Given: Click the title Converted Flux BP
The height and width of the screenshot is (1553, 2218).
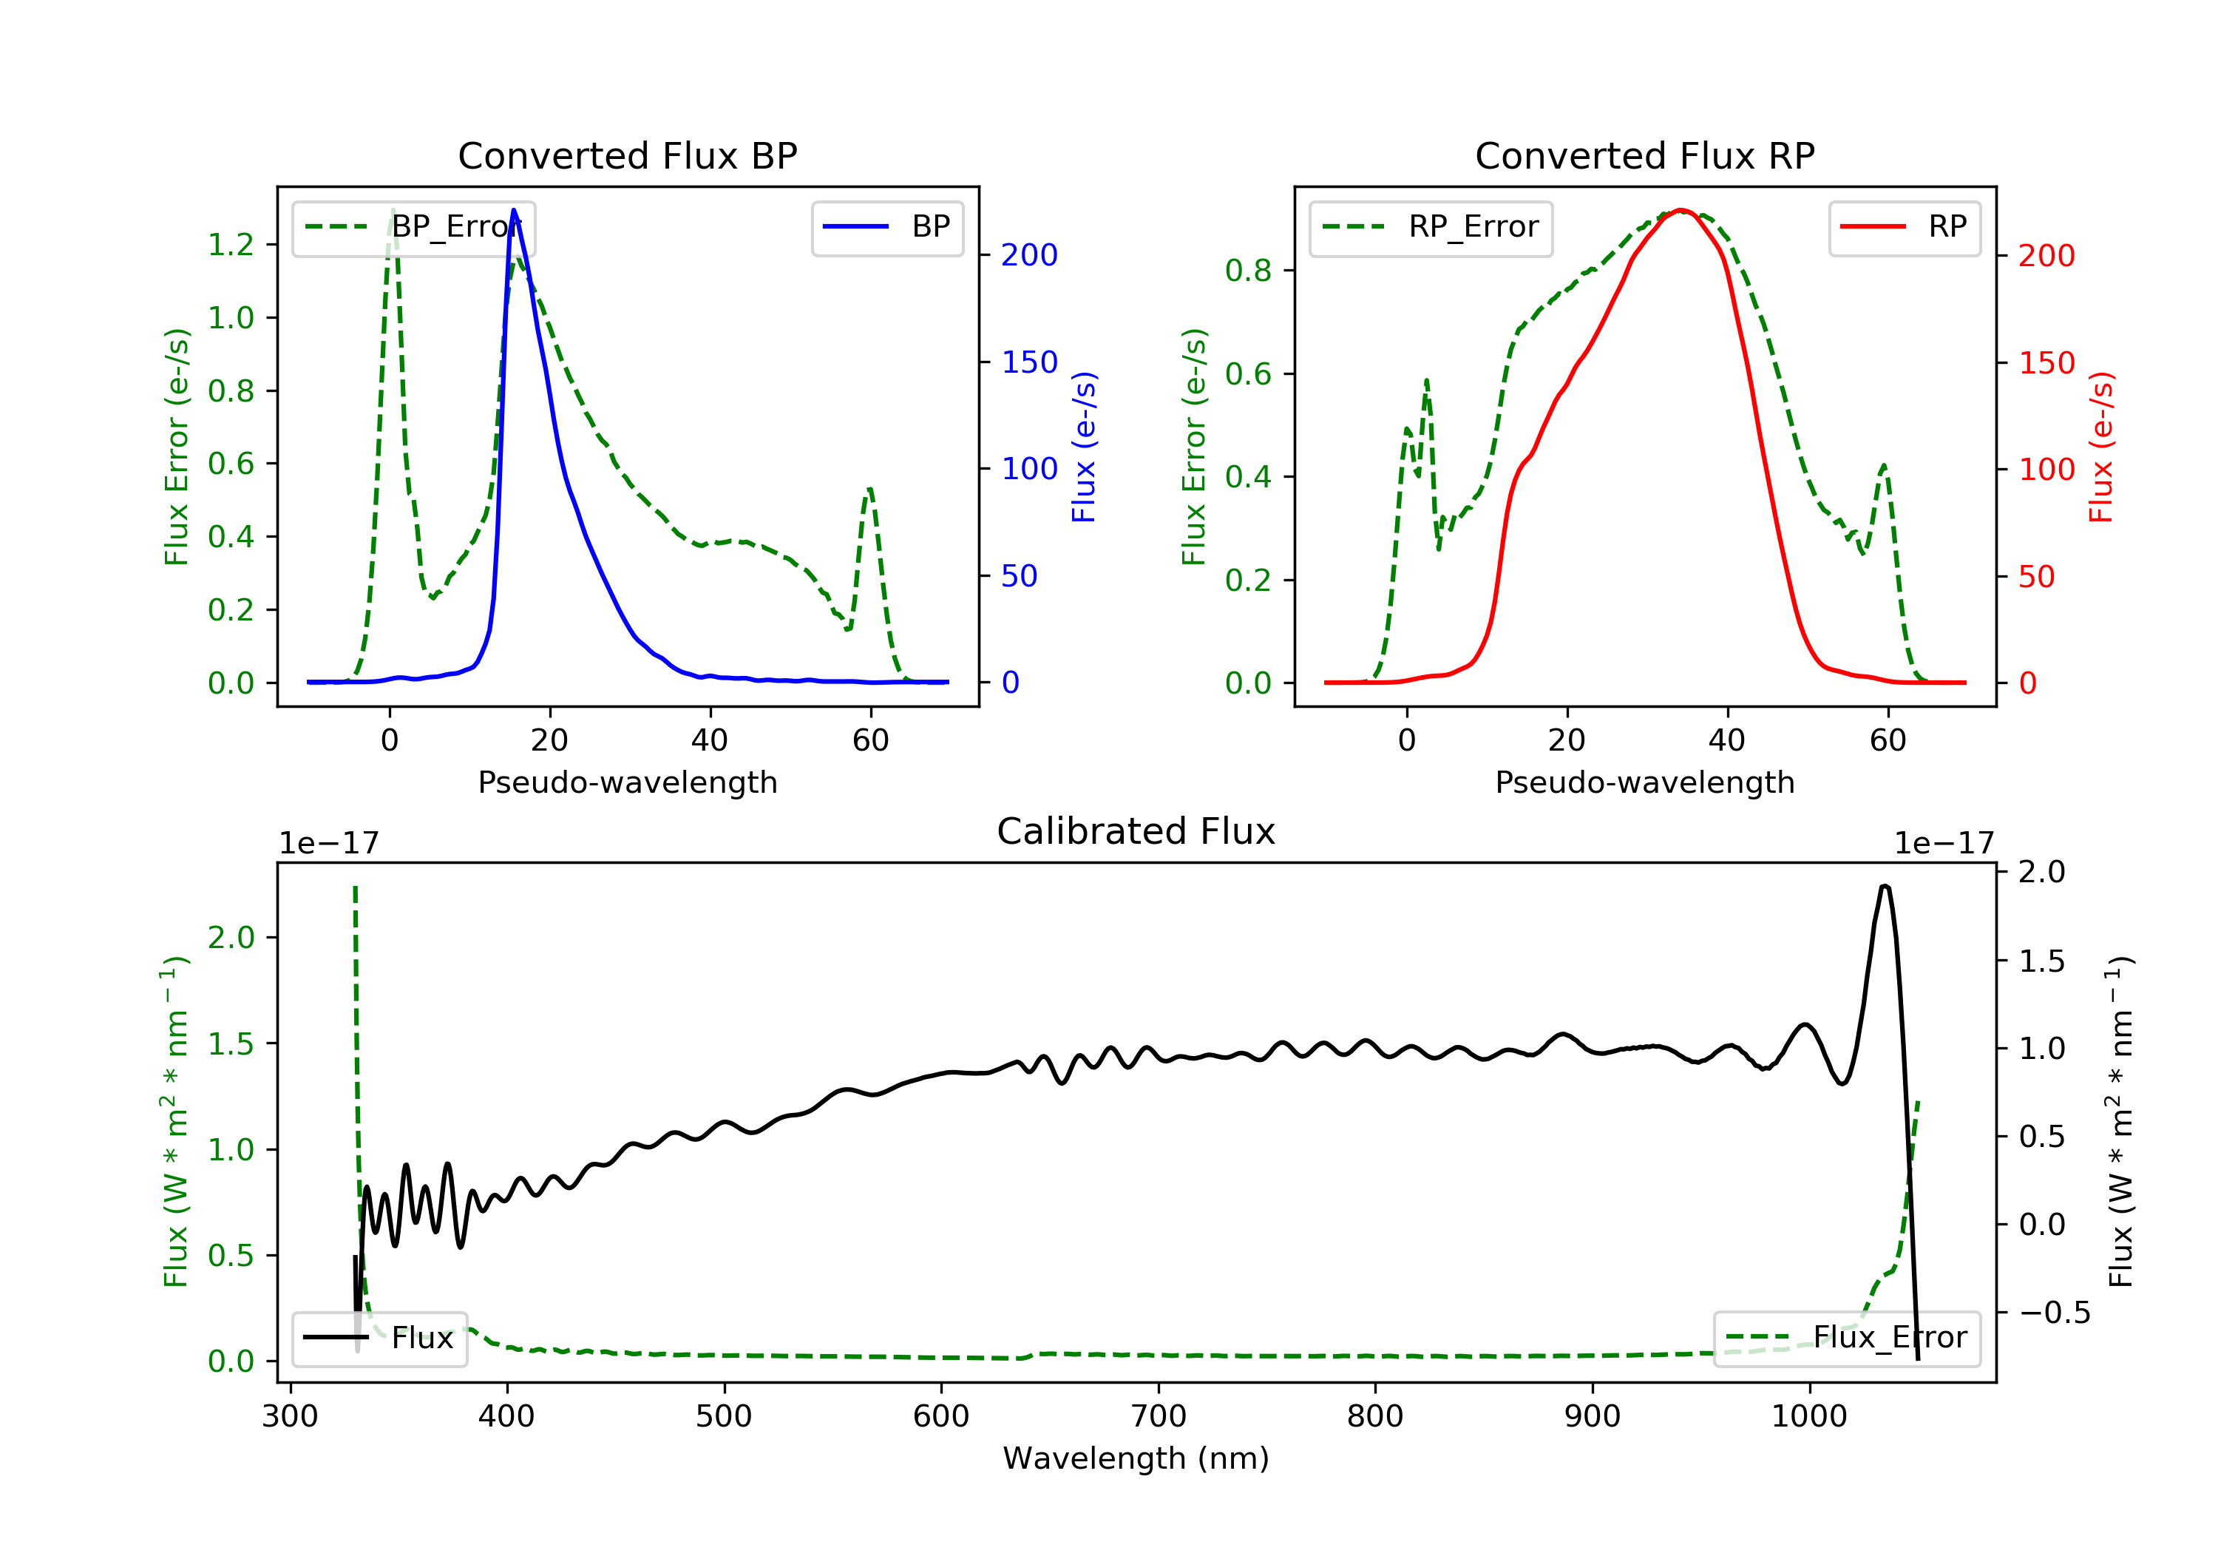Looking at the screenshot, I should point(627,155).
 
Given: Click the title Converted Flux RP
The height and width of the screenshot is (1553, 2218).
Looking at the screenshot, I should point(1644,155).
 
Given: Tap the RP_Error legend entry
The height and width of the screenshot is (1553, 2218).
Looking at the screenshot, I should point(1431,227).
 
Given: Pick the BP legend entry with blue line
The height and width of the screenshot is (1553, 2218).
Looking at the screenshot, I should point(888,227).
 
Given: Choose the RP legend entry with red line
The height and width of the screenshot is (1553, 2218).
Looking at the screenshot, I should point(1904,227).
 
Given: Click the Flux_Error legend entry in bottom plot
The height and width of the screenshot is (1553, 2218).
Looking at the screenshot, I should point(1846,1338).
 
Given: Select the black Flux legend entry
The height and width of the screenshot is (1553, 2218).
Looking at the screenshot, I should point(380,1338).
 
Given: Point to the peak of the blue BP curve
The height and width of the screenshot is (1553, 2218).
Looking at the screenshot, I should point(514,210).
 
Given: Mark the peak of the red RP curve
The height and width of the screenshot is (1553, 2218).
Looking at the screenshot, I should point(1681,210).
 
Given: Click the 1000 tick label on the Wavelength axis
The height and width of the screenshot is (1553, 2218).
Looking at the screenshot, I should point(1808,1417).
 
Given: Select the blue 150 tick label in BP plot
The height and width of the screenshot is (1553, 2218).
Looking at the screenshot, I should point(1029,362).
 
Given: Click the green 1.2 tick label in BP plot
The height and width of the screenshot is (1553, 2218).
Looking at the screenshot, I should point(231,245).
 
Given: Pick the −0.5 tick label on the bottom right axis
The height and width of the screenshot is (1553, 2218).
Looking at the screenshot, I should point(2054,1313).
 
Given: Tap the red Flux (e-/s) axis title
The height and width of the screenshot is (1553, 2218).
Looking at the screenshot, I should point(2101,447).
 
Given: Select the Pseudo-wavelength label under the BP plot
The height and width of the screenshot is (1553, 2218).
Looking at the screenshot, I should point(627,782).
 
